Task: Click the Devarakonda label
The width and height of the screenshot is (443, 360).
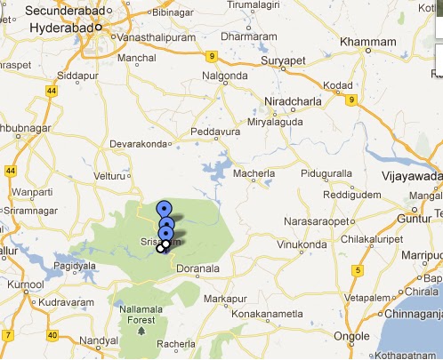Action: pos(137,143)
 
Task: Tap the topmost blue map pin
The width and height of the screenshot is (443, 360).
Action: pos(164,208)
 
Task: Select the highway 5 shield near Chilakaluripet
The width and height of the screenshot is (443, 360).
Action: pos(358,270)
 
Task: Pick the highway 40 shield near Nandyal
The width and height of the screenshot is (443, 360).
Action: pos(52,335)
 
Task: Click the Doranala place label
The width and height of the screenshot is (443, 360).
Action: pos(197,267)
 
